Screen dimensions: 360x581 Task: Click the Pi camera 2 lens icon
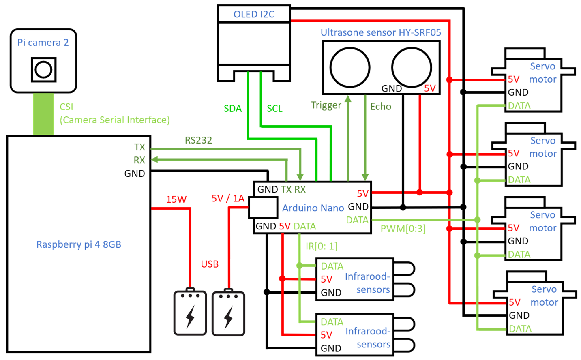(x=43, y=70)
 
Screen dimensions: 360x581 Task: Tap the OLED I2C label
(x=254, y=14)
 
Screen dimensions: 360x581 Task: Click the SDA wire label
(x=233, y=109)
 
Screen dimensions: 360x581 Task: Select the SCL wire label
(x=274, y=109)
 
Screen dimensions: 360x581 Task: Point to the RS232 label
(x=198, y=140)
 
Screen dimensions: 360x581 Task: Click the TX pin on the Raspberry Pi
(x=139, y=147)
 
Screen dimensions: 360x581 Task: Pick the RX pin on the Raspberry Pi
(x=139, y=160)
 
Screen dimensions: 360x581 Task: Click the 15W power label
(x=176, y=199)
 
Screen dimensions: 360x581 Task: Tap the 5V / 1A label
(x=228, y=198)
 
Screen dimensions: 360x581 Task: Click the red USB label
(x=210, y=264)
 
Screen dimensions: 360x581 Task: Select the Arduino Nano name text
(x=313, y=208)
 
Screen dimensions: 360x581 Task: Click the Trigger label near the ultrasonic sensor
(x=326, y=105)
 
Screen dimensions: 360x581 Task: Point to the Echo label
(x=381, y=107)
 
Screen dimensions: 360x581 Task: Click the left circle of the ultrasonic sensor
(x=350, y=67)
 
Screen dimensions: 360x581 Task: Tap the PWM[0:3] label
(x=403, y=229)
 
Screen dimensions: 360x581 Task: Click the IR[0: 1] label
(x=321, y=246)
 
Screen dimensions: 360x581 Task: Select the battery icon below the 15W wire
(x=190, y=313)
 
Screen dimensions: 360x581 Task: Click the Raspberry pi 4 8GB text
(x=79, y=244)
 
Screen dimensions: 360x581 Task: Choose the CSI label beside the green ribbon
(x=66, y=107)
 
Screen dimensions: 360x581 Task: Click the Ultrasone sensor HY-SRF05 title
(x=381, y=32)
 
